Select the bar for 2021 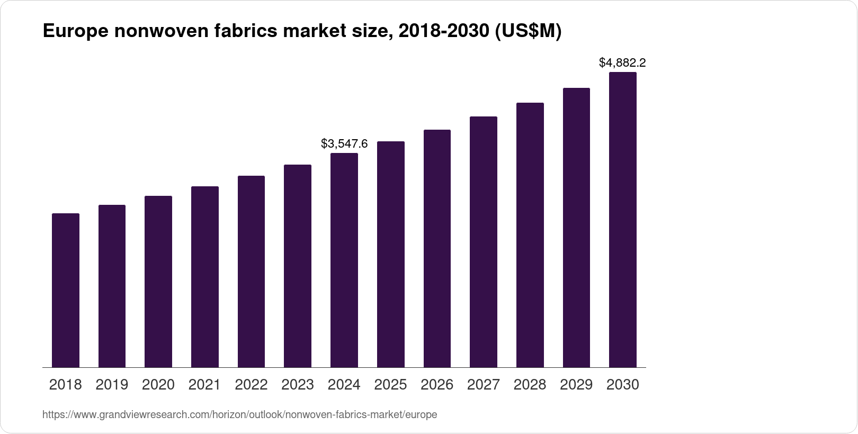tap(205, 277)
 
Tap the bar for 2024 tap(344, 260)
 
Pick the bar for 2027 tap(484, 242)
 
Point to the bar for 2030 tap(623, 220)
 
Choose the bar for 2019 tap(112, 286)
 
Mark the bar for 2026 tap(437, 248)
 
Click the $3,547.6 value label tap(344, 143)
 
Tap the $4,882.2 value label tap(622, 63)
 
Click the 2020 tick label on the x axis tap(158, 385)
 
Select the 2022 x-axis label tap(251, 385)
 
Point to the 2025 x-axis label tap(390, 385)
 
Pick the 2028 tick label tap(530, 385)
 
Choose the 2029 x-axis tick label tap(576, 385)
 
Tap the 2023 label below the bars tap(298, 385)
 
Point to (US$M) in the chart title tap(528, 32)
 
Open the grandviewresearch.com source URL tap(239, 415)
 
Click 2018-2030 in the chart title tap(443, 32)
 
